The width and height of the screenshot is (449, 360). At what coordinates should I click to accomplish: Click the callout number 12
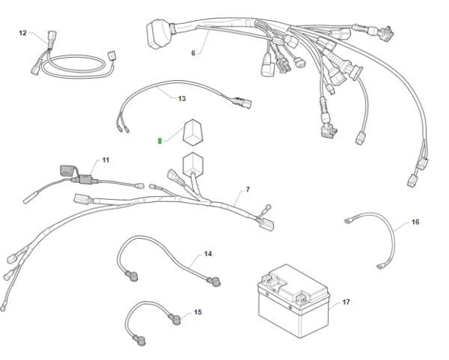22,33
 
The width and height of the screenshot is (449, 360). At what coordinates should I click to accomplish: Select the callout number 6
193,53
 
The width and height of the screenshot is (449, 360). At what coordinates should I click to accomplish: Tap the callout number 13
182,98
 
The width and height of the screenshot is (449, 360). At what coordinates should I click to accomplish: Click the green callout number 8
159,140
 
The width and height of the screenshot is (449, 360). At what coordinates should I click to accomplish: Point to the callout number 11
106,160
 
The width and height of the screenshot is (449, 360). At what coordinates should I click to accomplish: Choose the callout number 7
248,191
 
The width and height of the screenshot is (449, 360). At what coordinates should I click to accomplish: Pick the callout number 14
208,254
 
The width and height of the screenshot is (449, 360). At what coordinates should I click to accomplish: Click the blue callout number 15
198,311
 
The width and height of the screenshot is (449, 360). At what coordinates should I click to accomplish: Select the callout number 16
415,222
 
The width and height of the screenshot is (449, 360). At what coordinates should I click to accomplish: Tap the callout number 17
346,302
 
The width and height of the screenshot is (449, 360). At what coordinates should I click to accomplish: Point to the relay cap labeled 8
192,132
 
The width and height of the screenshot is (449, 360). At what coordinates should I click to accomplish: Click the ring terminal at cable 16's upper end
347,221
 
